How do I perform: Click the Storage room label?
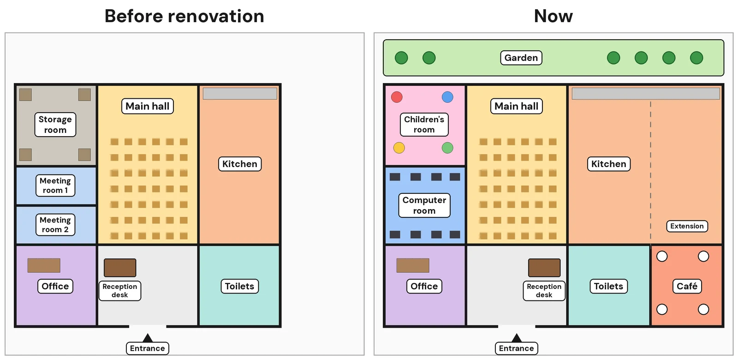55,124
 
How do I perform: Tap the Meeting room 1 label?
55,185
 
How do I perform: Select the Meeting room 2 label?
55,224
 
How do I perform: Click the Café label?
687,286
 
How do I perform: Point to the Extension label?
687,226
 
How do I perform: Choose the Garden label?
521,58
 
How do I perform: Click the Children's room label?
424,124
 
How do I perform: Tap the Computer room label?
424,205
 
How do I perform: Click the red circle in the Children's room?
397,97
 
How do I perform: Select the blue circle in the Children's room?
447,97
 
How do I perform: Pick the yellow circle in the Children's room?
399,148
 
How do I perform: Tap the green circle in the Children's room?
447,148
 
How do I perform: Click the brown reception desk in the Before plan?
120,267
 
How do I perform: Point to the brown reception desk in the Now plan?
544,267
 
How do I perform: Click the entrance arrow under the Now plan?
517,338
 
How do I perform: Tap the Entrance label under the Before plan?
148,348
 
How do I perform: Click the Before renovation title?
184,16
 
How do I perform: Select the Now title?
553,16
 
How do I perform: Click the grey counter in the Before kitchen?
240,94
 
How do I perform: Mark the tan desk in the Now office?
413,265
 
